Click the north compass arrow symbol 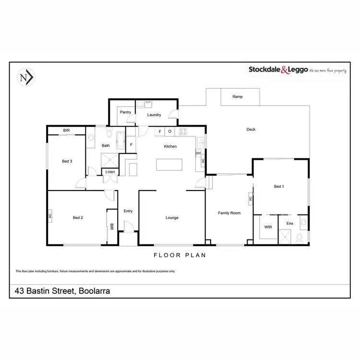pos(26,78)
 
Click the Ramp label pos(237,96)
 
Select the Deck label pos(251,129)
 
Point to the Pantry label pos(126,112)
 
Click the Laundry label pos(154,115)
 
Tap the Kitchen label pos(170,146)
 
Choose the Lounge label pos(172,218)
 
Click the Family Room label pos(229,213)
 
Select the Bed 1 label pos(279,186)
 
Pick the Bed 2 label pos(78,218)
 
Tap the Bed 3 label pos(67,161)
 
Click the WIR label pos(268,228)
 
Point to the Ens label pos(289,223)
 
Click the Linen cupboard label pos(110,171)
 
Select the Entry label pos(128,211)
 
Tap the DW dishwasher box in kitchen pos(198,153)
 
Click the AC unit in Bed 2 pos(50,216)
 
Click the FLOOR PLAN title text pos(180,255)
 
